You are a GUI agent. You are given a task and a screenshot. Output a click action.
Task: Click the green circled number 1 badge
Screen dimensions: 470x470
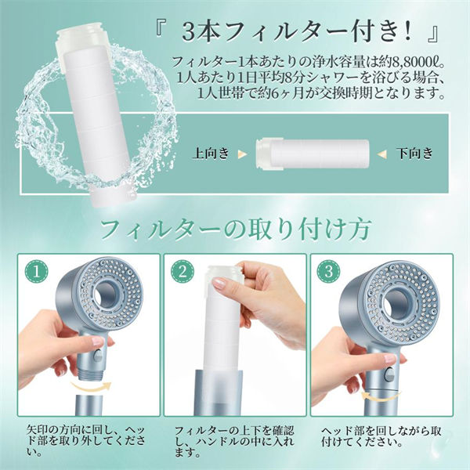click(36, 271)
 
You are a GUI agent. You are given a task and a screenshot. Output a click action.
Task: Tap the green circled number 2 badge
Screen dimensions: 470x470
click(183, 271)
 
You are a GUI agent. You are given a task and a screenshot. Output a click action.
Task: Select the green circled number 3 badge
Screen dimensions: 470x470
click(328, 271)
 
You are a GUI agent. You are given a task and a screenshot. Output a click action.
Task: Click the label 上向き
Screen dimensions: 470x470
click(211, 154)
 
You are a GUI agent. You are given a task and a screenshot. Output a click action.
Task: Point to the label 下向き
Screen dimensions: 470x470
click(415, 154)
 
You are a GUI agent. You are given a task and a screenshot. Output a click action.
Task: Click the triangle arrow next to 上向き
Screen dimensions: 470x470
click(242, 154)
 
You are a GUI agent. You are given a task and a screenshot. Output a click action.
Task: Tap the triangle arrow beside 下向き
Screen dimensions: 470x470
click(382, 154)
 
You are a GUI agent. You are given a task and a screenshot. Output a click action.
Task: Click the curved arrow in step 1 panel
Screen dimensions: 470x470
click(91, 387)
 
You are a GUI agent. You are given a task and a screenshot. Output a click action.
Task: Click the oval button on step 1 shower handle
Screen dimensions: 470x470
click(97, 356)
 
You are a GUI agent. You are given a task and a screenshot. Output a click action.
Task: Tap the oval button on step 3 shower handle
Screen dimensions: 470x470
click(389, 374)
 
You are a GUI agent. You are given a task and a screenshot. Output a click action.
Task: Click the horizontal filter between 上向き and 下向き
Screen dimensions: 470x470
click(313, 154)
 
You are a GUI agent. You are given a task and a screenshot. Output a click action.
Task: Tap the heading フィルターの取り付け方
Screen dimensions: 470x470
click(236, 230)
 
